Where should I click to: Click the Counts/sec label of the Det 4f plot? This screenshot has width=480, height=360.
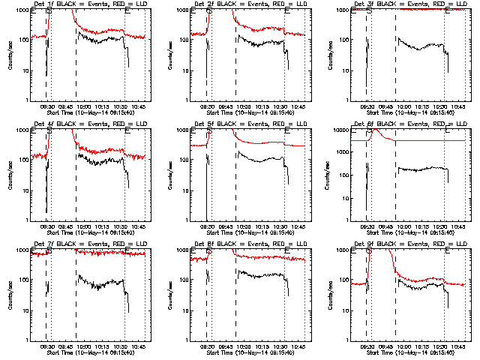10,175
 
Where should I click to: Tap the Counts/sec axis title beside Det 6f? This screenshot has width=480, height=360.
330,175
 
